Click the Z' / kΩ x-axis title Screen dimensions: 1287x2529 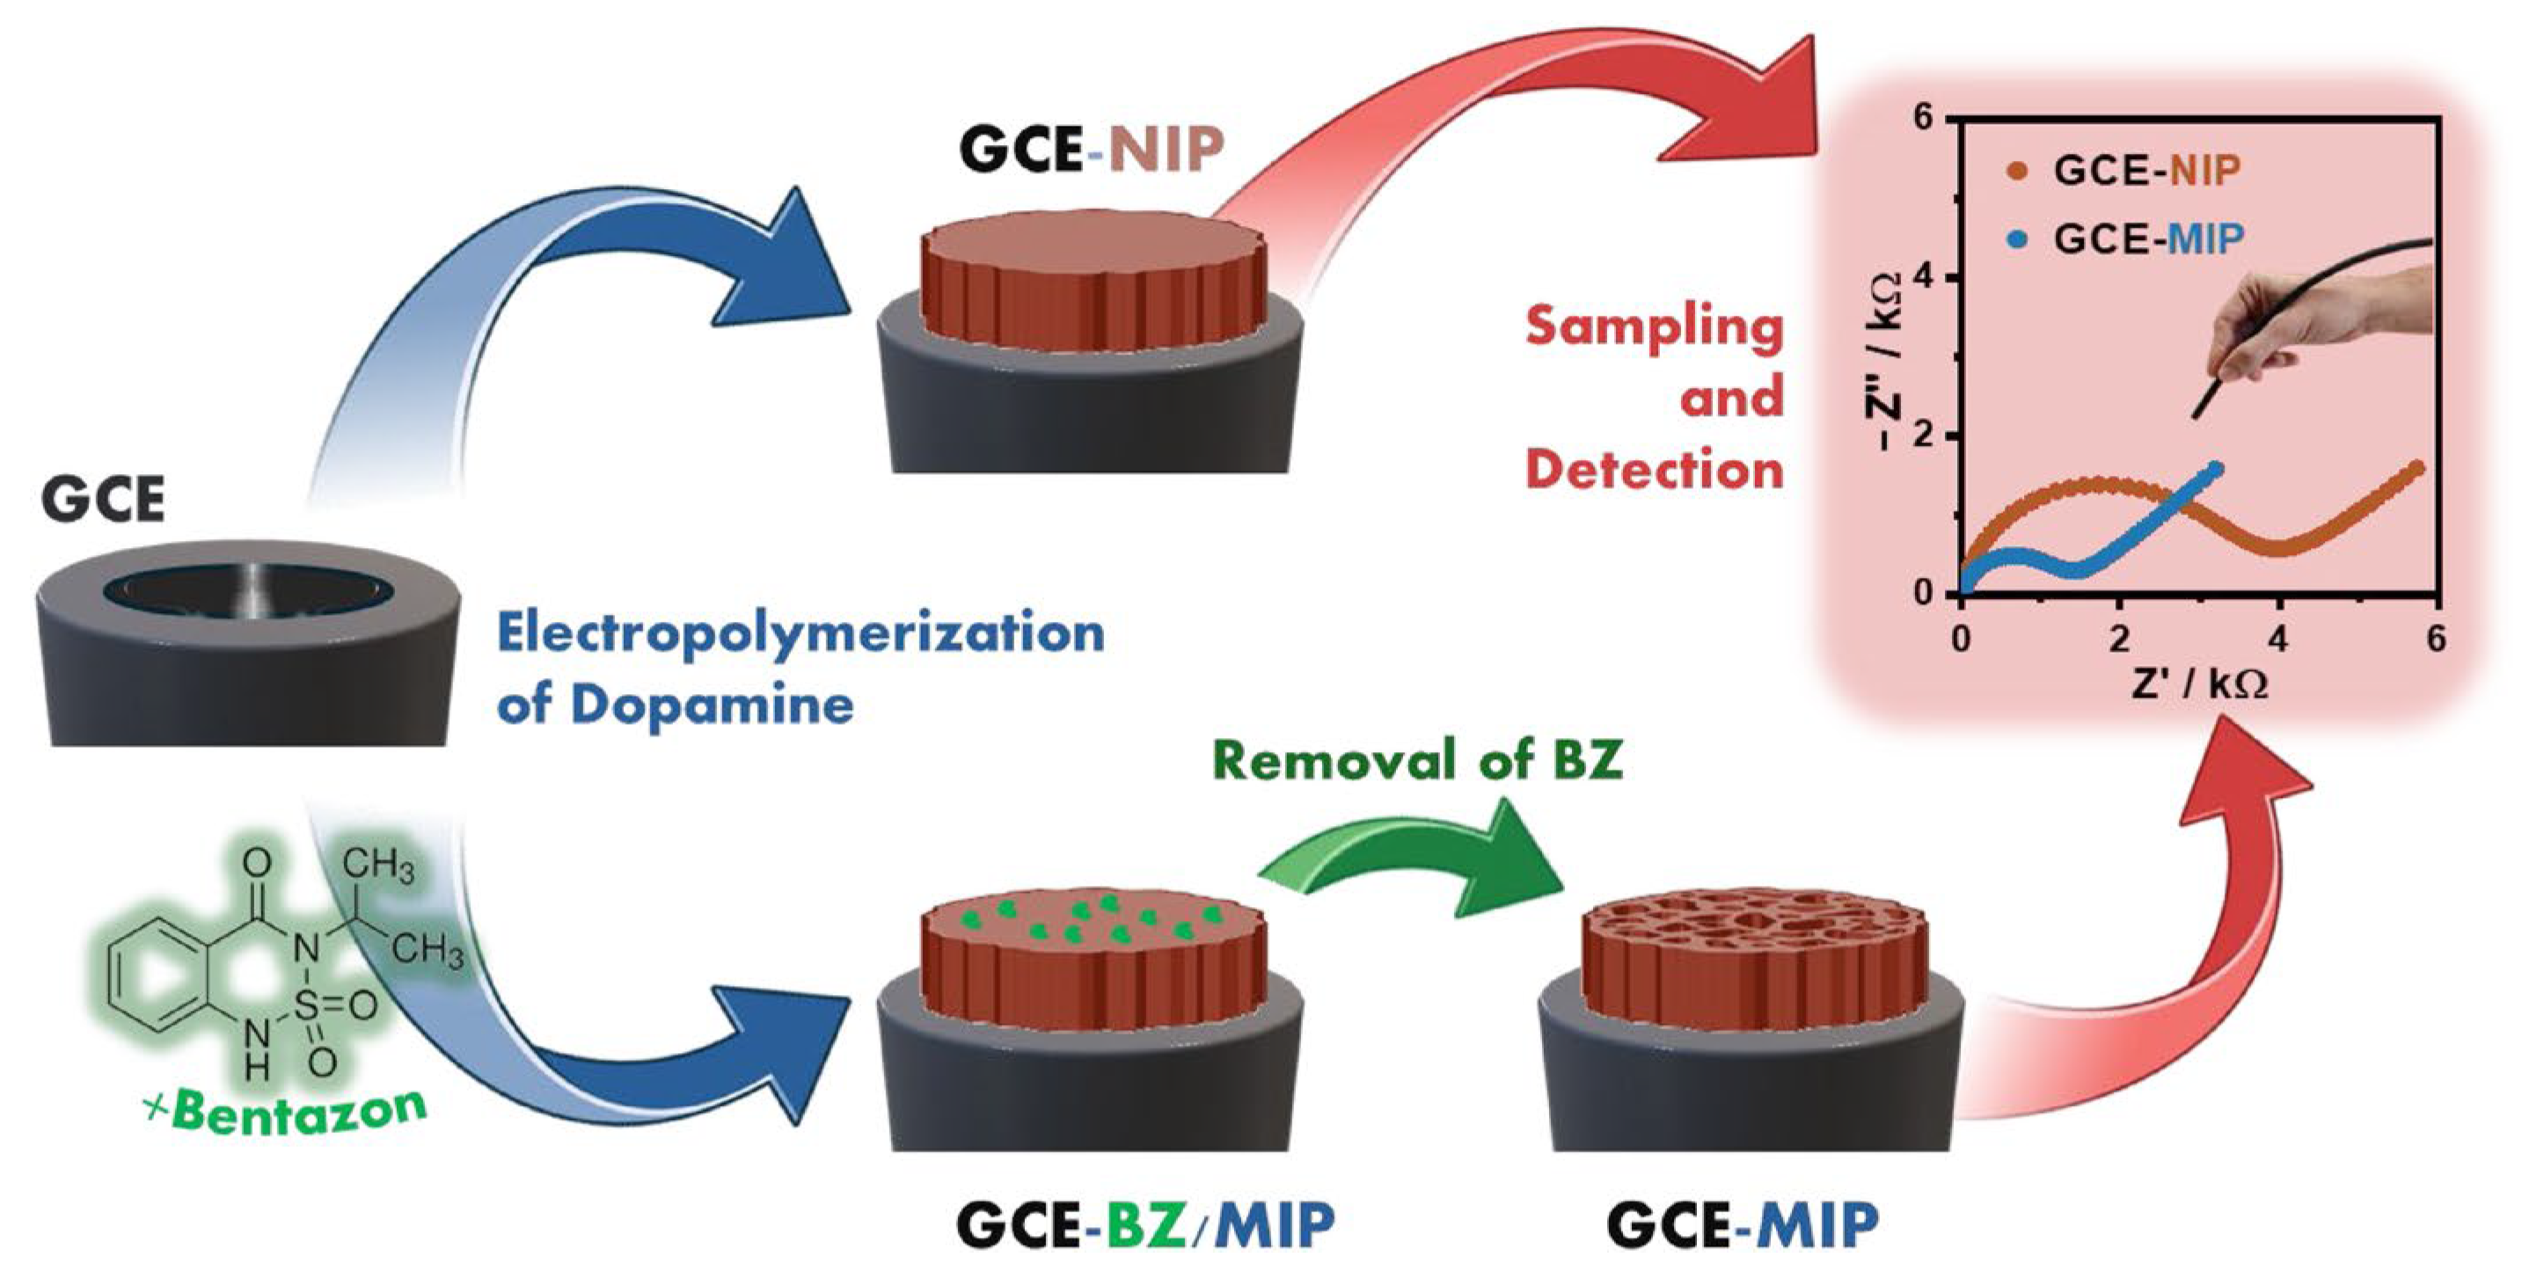tap(2199, 684)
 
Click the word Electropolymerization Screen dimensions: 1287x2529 tap(800, 633)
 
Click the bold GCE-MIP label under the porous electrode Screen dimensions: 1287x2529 tap(1743, 1226)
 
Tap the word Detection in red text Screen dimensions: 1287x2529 tap(1655, 469)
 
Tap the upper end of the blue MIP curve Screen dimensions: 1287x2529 tap(2215, 468)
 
